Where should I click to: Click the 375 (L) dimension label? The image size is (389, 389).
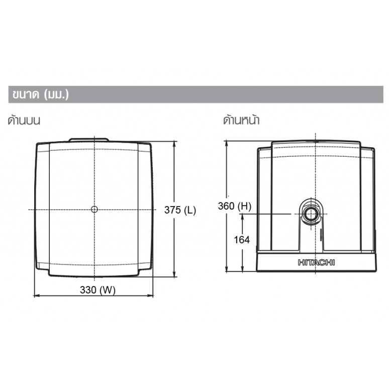click(180, 210)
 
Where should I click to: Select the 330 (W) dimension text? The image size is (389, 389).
click(98, 289)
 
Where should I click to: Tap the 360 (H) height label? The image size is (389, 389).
click(234, 206)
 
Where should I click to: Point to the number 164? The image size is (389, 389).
click(242, 240)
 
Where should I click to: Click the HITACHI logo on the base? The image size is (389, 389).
click(316, 262)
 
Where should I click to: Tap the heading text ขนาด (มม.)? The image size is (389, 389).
click(41, 94)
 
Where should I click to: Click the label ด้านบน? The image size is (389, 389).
click(24, 120)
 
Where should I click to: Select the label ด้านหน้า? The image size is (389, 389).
click(241, 120)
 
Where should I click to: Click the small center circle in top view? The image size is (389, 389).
click(94, 210)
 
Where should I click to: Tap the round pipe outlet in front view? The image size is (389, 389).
click(311, 214)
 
